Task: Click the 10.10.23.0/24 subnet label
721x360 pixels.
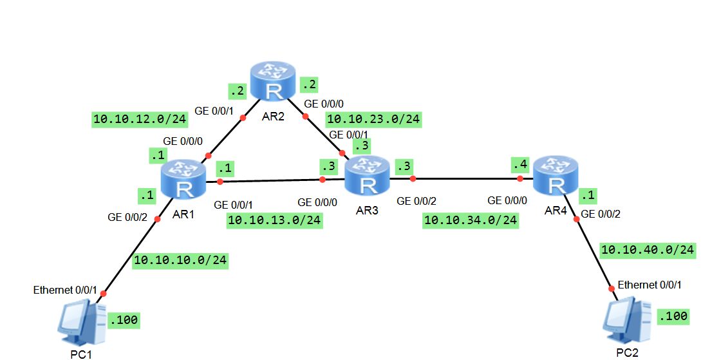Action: (373, 118)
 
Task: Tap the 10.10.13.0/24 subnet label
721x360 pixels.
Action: (275, 220)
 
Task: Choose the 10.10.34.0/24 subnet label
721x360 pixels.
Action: (471, 220)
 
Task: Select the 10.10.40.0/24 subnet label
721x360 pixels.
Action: (648, 249)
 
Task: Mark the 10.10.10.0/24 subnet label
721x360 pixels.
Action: (180, 260)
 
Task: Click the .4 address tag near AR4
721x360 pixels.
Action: (520, 165)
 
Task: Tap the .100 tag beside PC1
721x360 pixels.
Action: (124, 319)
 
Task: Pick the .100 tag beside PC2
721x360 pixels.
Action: (673, 316)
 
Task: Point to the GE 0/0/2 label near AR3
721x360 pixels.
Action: (417, 201)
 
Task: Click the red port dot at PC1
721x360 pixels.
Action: (102, 294)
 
